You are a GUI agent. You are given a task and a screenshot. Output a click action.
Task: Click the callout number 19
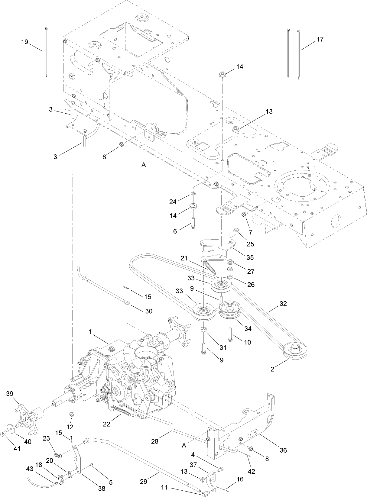pyautogui.click(x=24, y=42)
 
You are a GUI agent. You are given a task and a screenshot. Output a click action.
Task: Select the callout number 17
pyautogui.click(x=320, y=39)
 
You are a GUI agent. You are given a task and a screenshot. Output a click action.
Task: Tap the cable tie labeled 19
pyautogui.click(x=46, y=51)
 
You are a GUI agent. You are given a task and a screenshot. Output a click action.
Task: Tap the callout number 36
pyautogui.click(x=283, y=450)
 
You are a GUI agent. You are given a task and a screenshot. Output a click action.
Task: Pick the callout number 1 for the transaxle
pyautogui.click(x=90, y=332)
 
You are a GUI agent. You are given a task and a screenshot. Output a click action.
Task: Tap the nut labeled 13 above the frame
pyautogui.click(x=235, y=130)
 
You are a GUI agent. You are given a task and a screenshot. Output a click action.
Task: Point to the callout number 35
pyautogui.click(x=250, y=257)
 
